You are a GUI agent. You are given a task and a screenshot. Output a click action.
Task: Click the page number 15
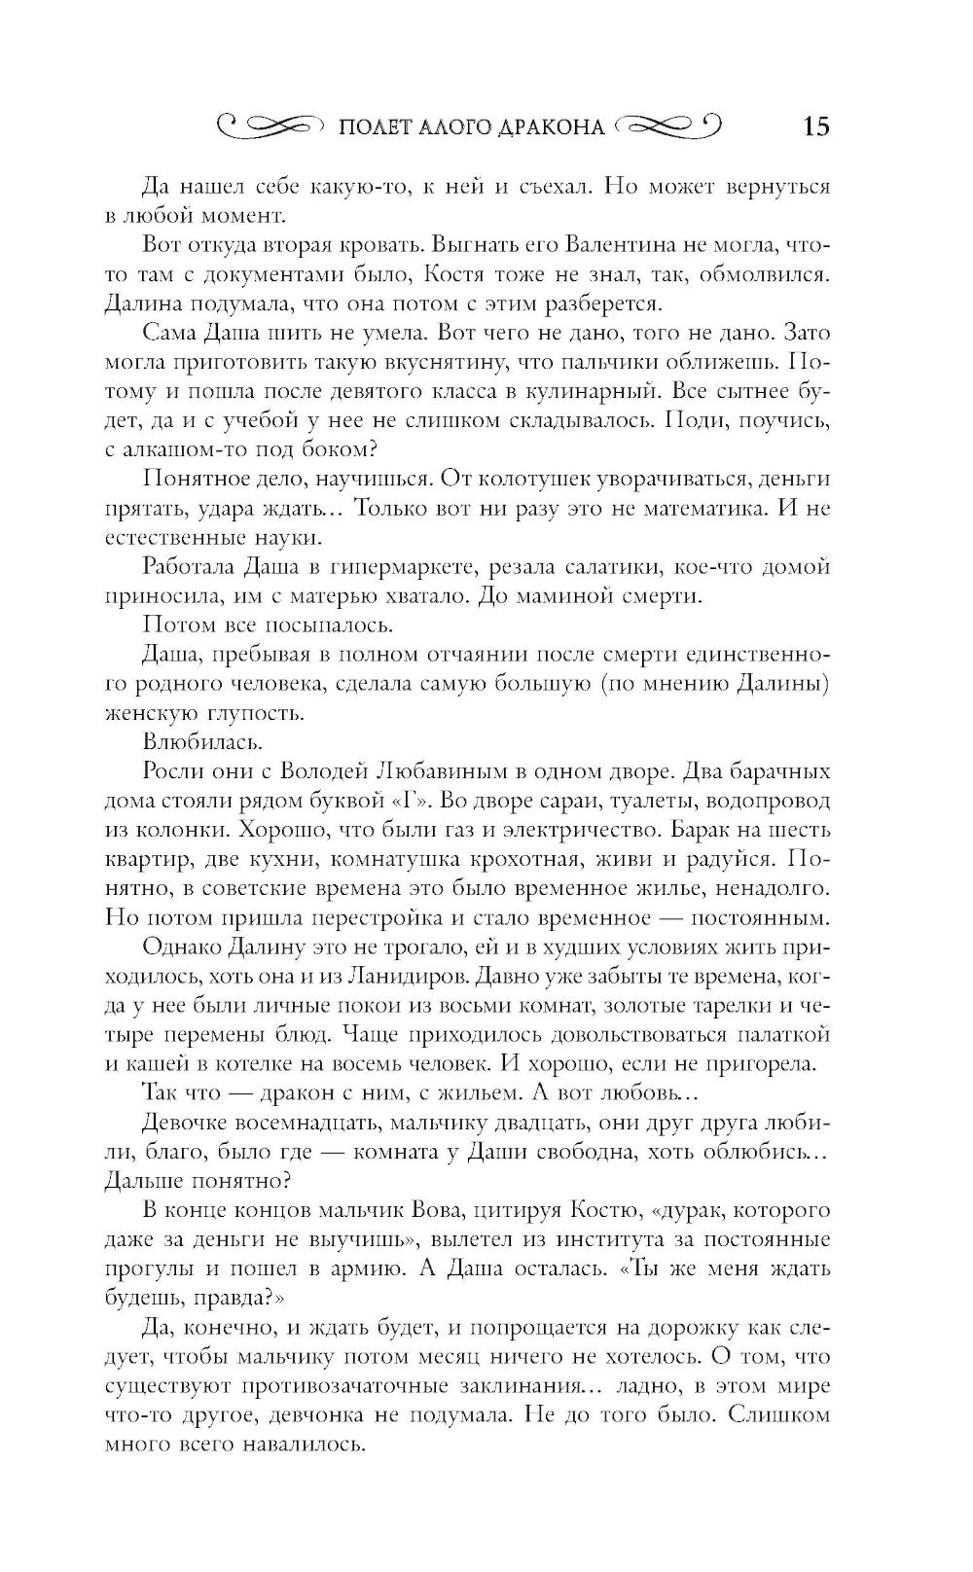pyautogui.click(x=815, y=126)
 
